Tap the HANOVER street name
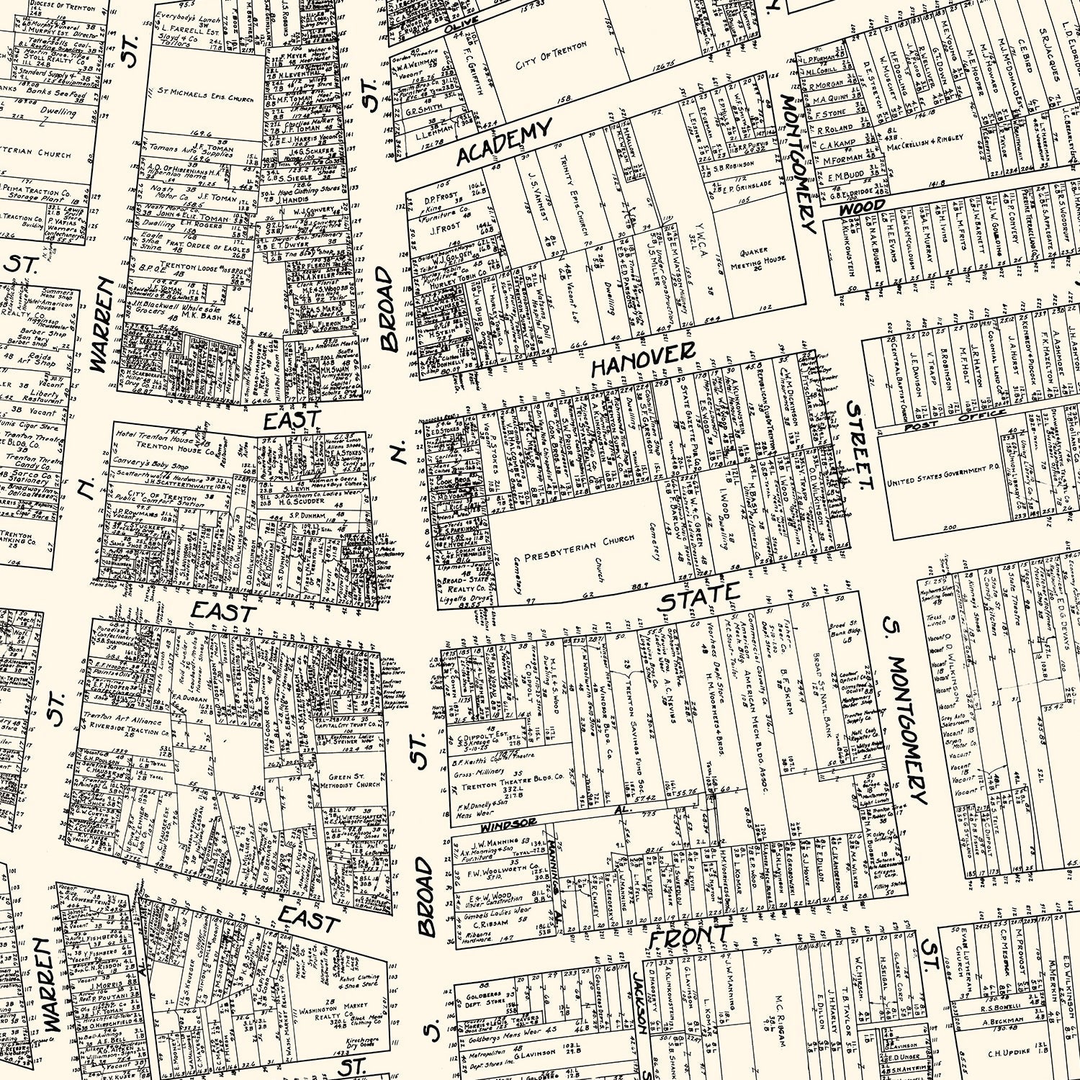[x=642, y=359]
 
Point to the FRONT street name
[x=689, y=937]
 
